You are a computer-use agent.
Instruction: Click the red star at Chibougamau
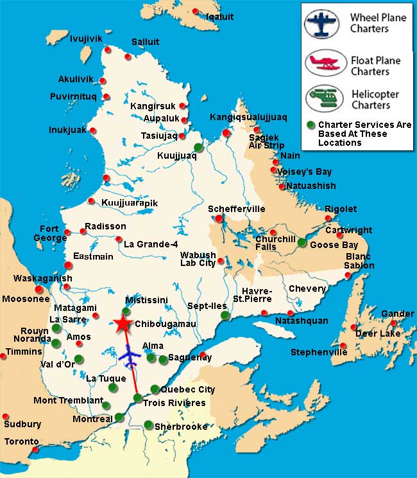click(x=121, y=324)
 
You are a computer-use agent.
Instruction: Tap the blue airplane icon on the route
click(x=131, y=355)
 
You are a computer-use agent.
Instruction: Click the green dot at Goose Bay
click(x=302, y=242)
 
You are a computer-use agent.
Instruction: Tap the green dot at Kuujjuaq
click(x=198, y=147)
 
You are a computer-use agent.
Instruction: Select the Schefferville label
click(x=237, y=209)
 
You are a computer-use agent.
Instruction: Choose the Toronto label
click(x=22, y=442)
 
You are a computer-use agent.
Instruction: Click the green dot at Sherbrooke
click(x=148, y=424)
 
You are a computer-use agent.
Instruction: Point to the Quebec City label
click(x=187, y=389)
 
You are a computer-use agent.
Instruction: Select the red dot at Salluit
click(x=128, y=57)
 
